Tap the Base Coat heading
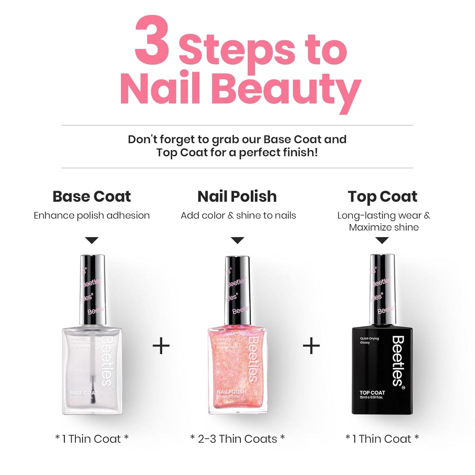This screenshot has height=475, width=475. [x=92, y=197]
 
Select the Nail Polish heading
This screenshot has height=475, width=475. [x=237, y=197]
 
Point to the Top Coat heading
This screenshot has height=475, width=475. [x=382, y=197]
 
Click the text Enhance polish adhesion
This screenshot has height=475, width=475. [x=92, y=216]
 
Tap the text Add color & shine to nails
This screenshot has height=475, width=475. [x=238, y=216]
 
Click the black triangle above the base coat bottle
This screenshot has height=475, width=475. [x=92, y=240]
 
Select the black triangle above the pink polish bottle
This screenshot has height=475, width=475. [x=237, y=240]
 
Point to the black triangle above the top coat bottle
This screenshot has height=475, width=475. [x=382, y=240]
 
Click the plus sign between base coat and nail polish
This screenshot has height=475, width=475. [x=161, y=346]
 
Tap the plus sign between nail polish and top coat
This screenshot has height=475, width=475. [x=311, y=346]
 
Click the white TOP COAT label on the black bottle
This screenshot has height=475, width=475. [x=372, y=392]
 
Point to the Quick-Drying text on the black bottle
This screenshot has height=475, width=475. [x=369, y=338]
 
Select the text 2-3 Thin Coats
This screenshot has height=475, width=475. [x=237, y=439]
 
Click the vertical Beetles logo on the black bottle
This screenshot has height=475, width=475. [x=398, y=361]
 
